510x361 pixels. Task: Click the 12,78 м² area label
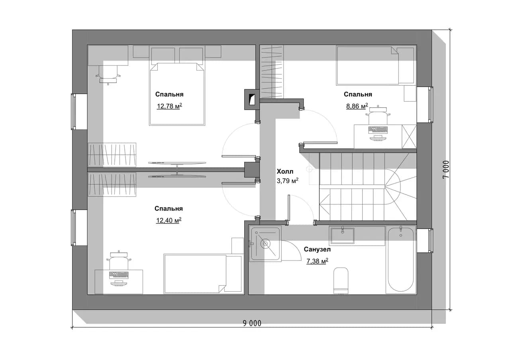169,106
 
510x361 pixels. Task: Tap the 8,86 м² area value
357,106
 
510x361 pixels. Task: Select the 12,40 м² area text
169,220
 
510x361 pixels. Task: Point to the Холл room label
285,172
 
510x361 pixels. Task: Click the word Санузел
317,249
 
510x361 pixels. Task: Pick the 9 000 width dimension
252,323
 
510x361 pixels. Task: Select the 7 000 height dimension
446,170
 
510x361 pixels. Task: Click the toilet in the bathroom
341,280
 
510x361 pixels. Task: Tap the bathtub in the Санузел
401,259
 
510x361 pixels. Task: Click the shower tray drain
265,244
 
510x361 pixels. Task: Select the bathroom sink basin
342,236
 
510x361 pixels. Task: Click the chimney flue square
252,100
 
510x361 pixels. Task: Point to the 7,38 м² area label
318,261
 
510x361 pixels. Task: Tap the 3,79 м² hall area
288,181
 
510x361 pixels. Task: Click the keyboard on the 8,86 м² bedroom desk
378,130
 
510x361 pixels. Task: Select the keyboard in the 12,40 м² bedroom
119,275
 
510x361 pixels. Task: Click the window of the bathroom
431,241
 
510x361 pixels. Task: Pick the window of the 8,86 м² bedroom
431,105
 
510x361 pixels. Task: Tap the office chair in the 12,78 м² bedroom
108,74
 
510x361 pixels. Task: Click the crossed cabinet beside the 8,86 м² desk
409,136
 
